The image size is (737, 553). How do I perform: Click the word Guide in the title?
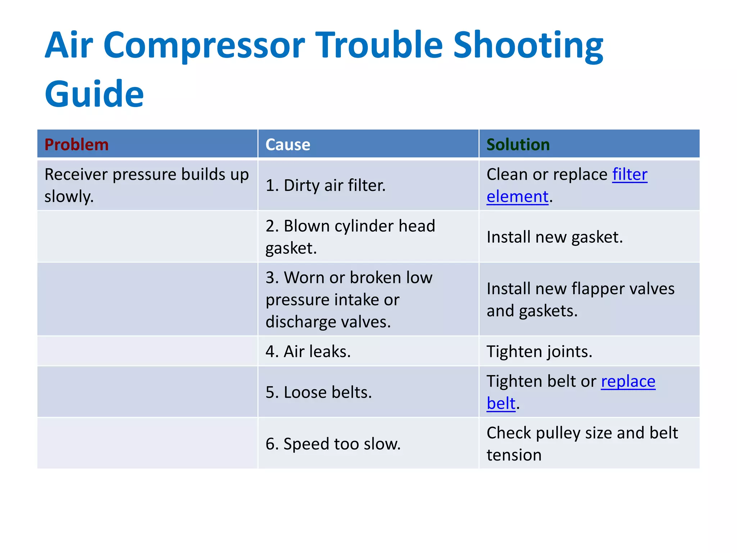[x=94, y=94]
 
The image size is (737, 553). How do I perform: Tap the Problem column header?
[x=76, y=145]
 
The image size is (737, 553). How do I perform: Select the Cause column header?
[x=288, y=145]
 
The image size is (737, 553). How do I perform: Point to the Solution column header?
[x=518, y=145]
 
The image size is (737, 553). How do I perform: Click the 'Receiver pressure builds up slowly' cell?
[x=146, y=185]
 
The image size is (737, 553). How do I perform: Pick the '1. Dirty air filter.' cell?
[x=325, y=185]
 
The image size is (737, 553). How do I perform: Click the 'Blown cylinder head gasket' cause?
[x=350, y=237]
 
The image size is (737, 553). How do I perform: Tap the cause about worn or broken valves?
[x=349, y=299]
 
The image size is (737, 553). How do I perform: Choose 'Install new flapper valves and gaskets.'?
[x=580, y=299]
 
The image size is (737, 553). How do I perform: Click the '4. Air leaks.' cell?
[x=308, y=351]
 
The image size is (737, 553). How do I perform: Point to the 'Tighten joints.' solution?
[x=539, y=351]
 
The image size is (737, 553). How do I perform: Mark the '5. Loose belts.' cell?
[x=318, y=392]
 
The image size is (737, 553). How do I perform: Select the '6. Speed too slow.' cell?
[x=333, y=444]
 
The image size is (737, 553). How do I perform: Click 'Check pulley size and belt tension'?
[x=582, y=444]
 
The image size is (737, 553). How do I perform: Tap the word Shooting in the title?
[x=528, y=45]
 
